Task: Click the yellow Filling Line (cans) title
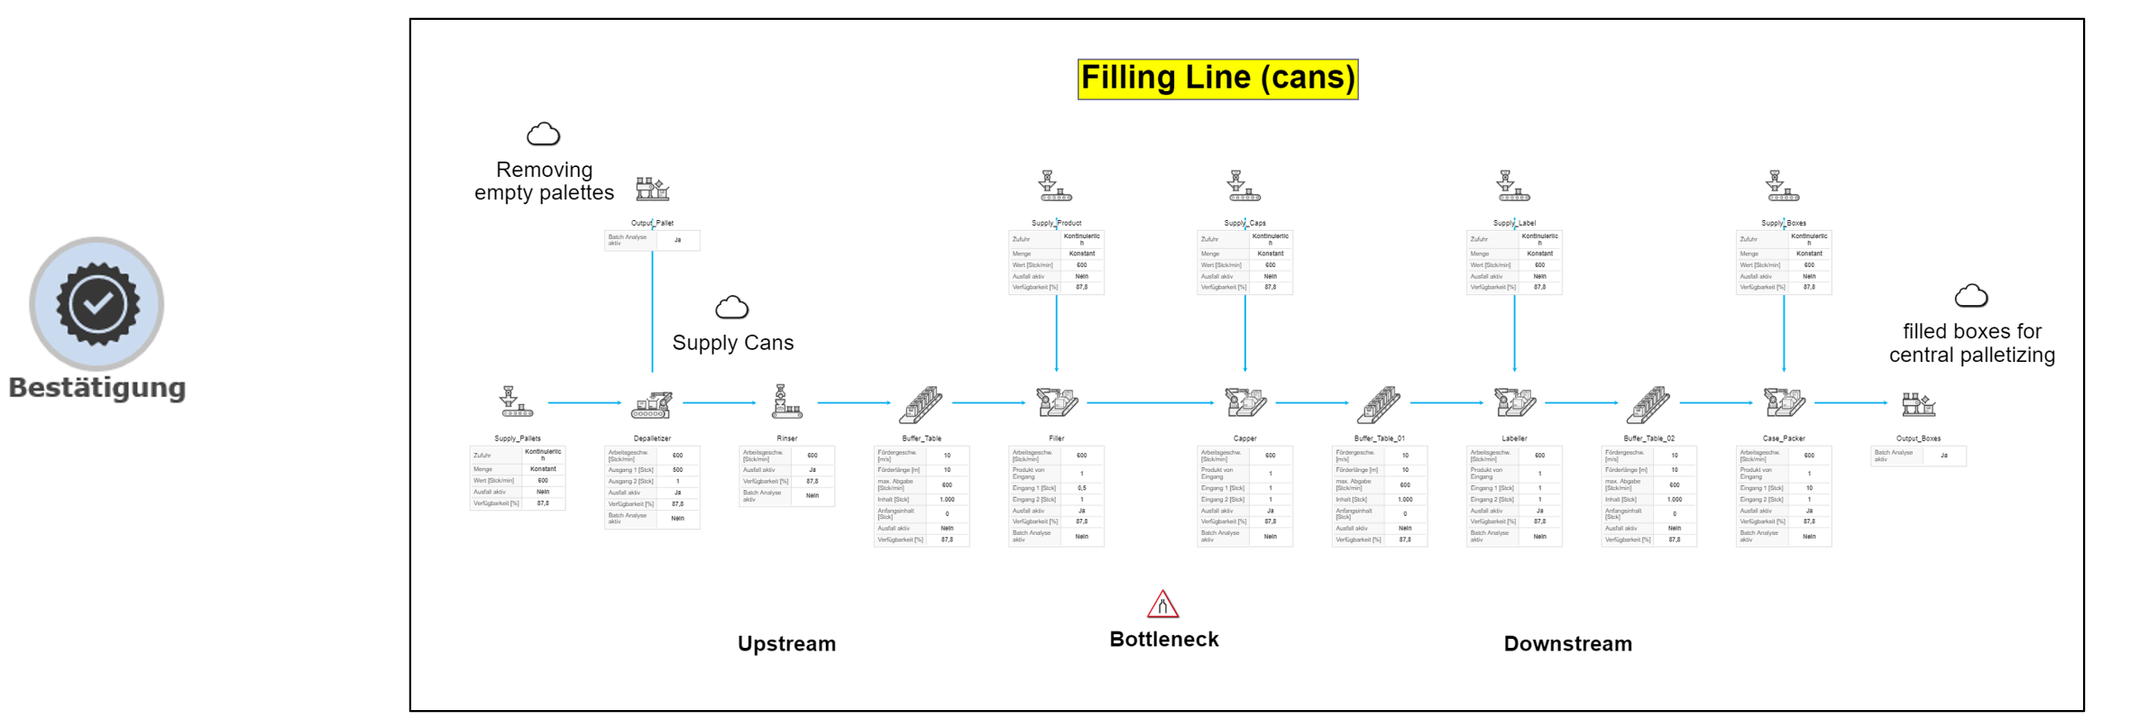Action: coord(1217,78)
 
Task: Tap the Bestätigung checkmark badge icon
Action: coord(97,304)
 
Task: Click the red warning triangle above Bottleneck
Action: coord(1162,604)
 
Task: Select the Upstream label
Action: coord(786,643)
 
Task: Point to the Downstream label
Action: coord(1567,643)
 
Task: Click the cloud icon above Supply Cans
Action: coord(731,309)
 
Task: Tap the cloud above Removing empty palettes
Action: coord(543,134)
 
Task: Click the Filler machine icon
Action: coord(1056,402)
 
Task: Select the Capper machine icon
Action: coord(1244,402)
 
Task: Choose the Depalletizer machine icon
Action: coord(651,404)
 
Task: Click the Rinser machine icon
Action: coord(785,402)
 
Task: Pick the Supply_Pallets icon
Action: coord(516,402)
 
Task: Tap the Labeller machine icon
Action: coord(1514,402)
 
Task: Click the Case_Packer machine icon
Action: coord(1783,402)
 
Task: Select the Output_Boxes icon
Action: coord(1917,404)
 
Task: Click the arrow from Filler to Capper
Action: coord(1150,402)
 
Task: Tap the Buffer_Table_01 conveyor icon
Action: coord(1379,404)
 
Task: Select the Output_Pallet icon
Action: coord(652,189)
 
